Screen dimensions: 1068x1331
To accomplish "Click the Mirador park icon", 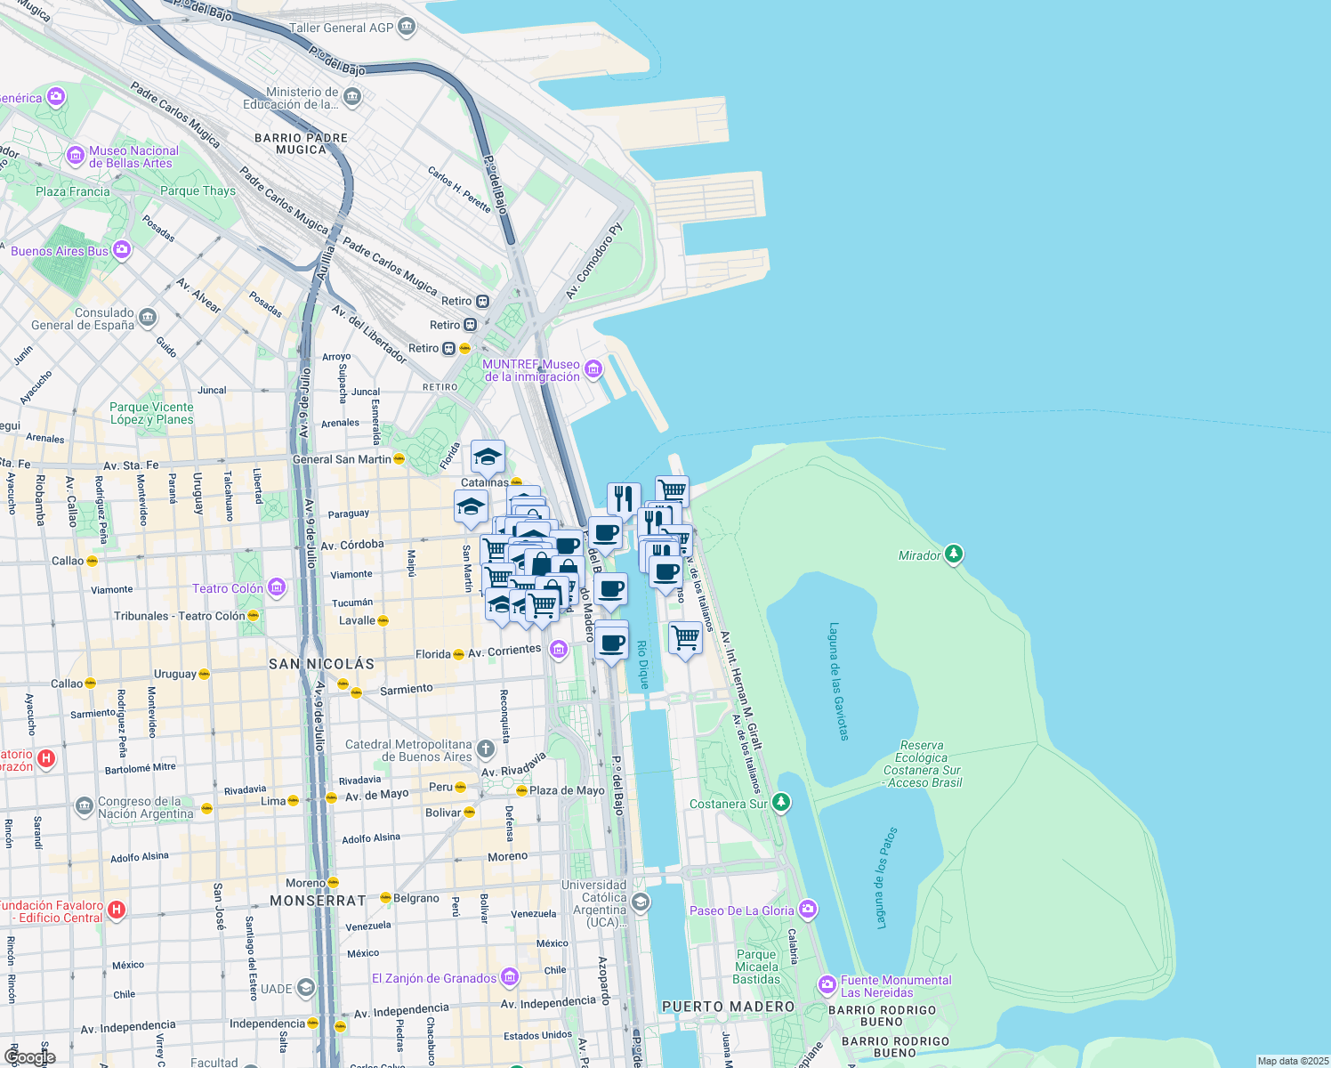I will (x=954, y=554).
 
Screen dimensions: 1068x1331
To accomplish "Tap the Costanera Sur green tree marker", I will (x=781, y=803).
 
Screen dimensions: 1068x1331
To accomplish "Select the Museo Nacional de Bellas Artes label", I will (x=133, y=157).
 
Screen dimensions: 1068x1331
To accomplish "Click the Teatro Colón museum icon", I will (x=277, y=587).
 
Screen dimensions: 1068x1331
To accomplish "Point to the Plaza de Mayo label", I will (x=567, y=790).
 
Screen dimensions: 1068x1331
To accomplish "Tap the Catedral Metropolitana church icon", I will (x=486, y=748).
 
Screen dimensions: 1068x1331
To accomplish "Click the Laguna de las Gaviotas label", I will (x=838, y=682).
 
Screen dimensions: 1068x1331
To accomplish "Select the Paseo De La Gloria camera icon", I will (x=808, y=910).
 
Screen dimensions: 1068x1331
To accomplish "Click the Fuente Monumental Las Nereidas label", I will (x=895, y=986).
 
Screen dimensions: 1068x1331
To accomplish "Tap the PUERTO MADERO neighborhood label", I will (x=728, y=1007).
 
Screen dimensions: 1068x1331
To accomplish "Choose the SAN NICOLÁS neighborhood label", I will (x=322, y=664).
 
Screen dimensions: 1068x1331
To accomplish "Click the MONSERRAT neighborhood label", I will (x=318, y=901).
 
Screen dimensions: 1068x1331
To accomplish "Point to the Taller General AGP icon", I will (x=407, y=27).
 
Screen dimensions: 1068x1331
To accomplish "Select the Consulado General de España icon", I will (x=148, y=317).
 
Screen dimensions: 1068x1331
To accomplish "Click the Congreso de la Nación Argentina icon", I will (x=85, y=806).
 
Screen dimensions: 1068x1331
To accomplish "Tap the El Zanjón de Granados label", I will (x=434, y=978).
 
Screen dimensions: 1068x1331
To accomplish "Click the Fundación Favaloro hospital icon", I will (x=117, y=910).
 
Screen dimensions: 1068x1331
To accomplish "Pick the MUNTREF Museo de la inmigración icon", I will (x=593, y=368).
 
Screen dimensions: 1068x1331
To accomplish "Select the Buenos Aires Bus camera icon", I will (x=122, y=250).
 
